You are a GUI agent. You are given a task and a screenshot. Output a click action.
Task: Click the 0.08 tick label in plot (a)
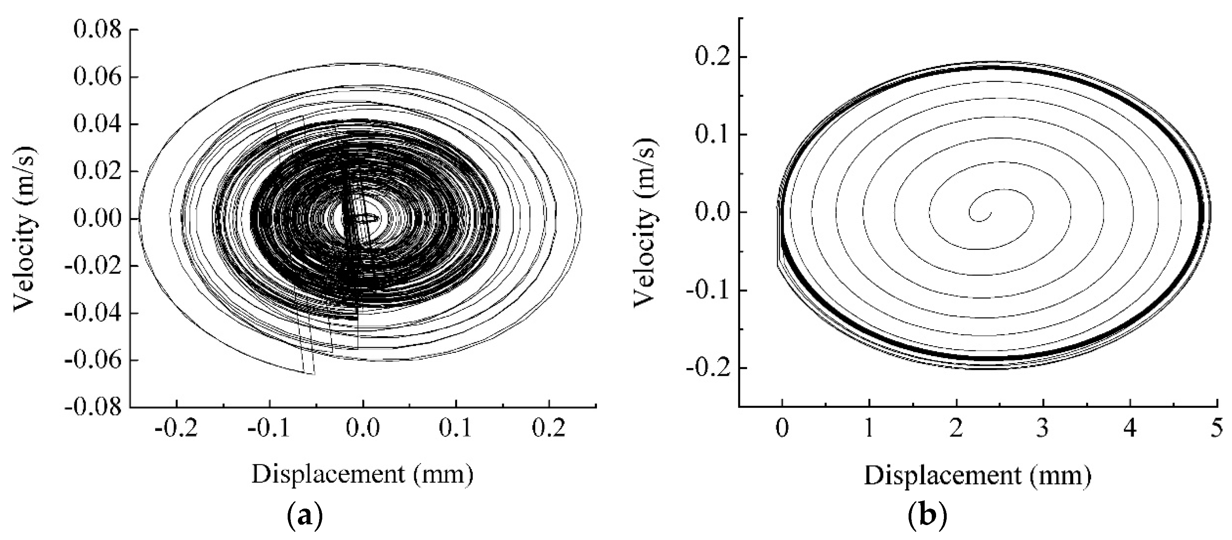97,30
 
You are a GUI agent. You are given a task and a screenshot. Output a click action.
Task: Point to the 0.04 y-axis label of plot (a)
97,124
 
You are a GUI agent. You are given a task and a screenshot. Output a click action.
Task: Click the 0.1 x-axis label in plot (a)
455,428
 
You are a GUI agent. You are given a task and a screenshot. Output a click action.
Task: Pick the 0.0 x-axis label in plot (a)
362,428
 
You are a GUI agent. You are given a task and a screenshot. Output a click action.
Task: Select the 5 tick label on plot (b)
1217,428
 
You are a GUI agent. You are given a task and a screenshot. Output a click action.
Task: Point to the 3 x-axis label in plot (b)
1043,428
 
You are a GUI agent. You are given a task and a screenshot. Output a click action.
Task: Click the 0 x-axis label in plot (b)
782,428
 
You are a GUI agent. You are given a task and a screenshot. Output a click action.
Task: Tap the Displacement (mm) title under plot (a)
362,474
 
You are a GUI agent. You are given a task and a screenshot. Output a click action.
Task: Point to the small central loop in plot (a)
368,218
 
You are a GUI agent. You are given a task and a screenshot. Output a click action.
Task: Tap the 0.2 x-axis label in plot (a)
549,428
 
